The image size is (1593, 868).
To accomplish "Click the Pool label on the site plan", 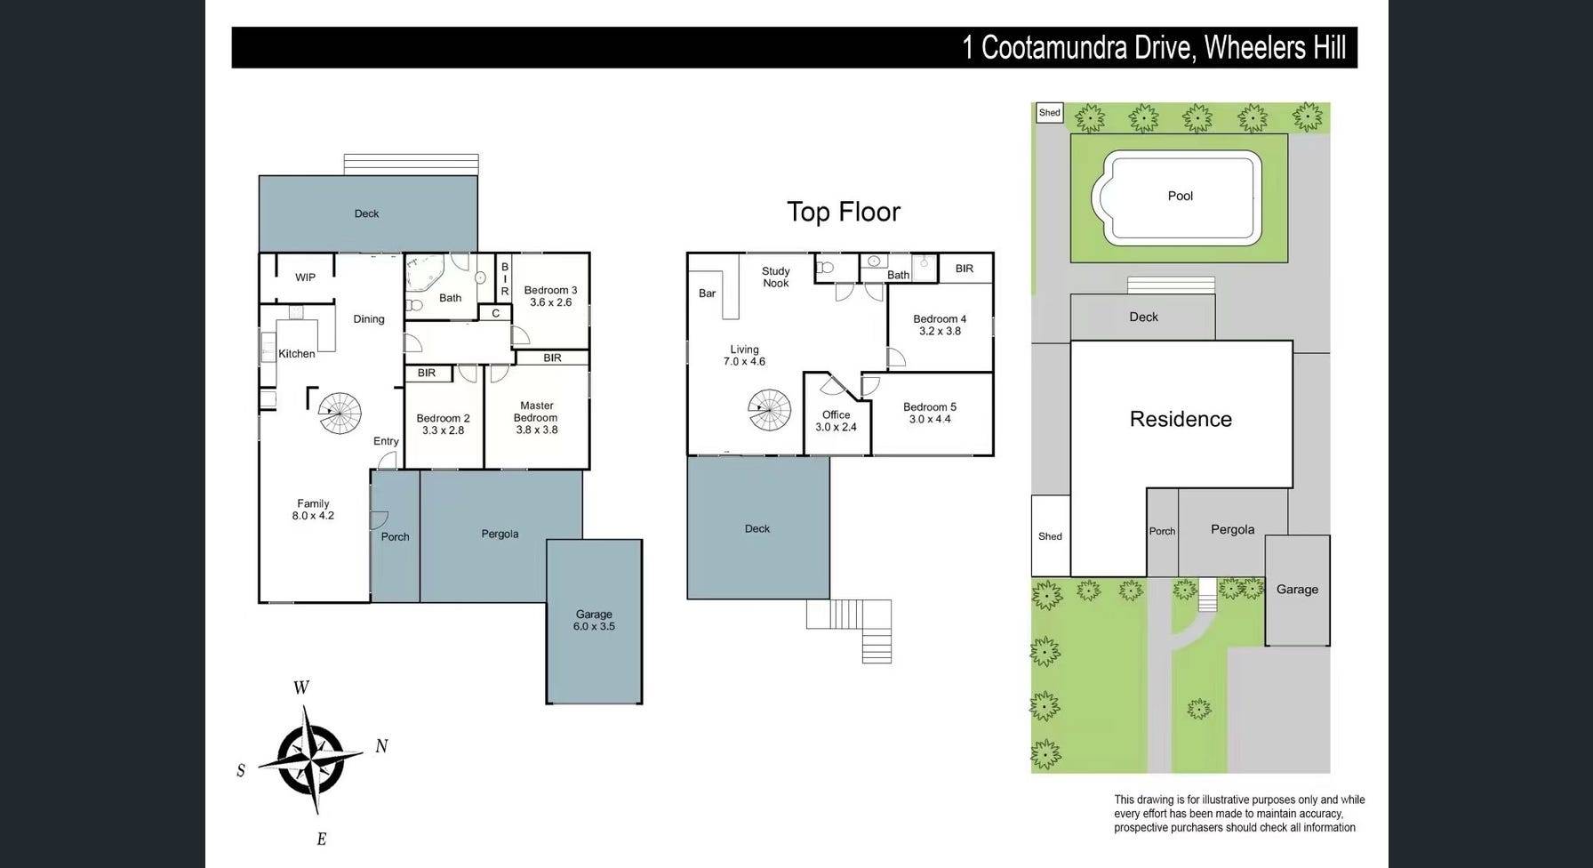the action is pyautogui.click(x=1180, y=196).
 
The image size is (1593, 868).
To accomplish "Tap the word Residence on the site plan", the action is pyautogui.click(x=1181, y=419).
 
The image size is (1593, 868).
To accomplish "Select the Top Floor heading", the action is pyautogui.click(x=844, y=212).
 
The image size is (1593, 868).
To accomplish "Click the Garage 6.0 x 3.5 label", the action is pyautogui.click(x=594, y=620).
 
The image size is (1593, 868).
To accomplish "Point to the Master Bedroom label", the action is pyautogui.click(x=536, y=412).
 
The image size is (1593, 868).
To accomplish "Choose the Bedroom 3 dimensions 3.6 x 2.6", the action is pyautogui.click(x=551, y=302).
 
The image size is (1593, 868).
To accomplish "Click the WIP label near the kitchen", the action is pyautogui.click(x=305, y=277).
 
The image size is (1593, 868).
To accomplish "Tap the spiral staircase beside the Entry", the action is pyautogui.click(x=340, y=414).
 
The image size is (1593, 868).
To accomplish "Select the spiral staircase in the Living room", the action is pyautogui.click(x=769, y=411).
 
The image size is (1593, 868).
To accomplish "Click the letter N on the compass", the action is pyautogui.click(x=381, y=746).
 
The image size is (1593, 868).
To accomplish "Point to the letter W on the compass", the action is pyautogui.click(x=301, y=687).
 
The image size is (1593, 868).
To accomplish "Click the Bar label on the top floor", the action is pyautogui.click(x=708, y=293).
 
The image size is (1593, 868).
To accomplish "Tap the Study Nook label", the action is pyautogui.click(x=776, y=277).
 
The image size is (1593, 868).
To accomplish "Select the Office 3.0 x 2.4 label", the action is pyautogui.click(x=837, y=421).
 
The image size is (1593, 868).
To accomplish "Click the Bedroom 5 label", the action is pyautogui.click(x=930, y=407).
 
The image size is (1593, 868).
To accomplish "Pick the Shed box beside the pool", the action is pyautogui.click(x=1050, y=113).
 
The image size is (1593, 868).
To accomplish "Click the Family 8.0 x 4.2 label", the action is pyautogui.click(x=313, y=510).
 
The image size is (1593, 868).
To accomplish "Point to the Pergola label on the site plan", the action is pyautogui.click(x=1233, y=529).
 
